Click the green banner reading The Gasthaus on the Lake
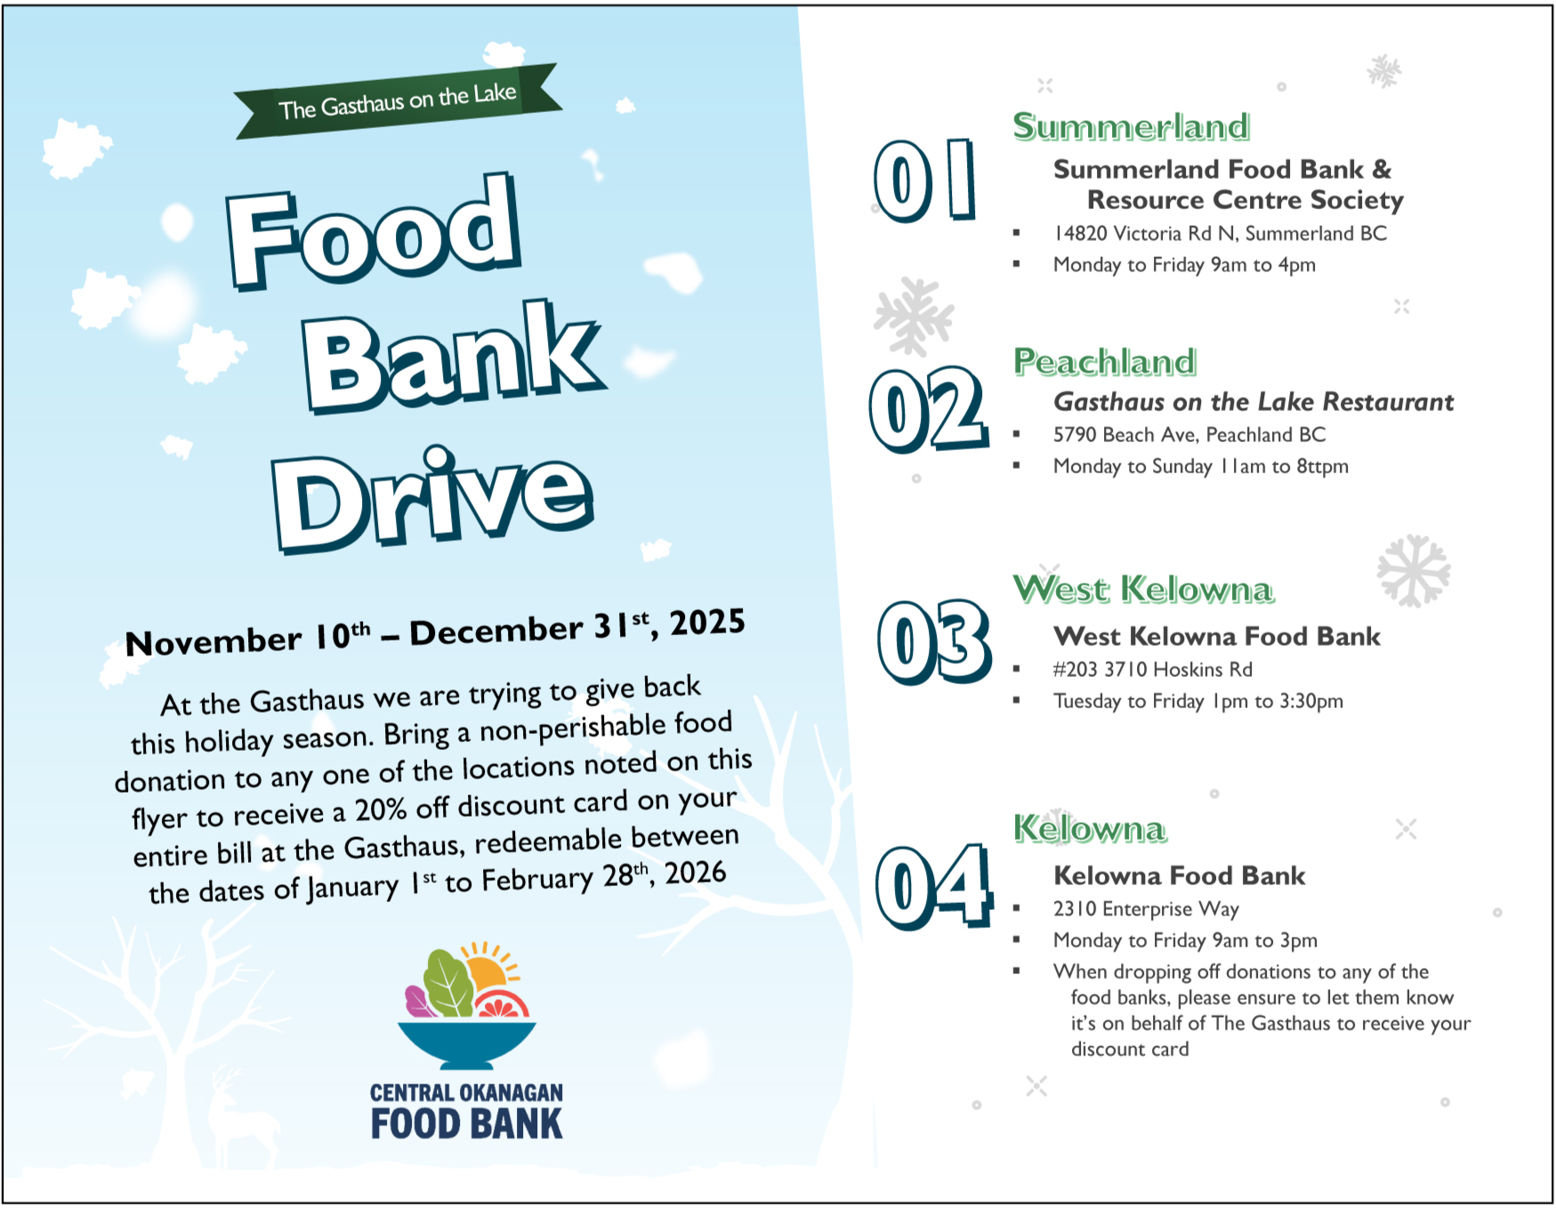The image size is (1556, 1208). pos(398,101)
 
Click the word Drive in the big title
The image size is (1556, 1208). pos(433,500)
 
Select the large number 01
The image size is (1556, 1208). pos(925,180)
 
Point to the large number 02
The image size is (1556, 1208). pos(929,409)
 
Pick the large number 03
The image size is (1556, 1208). pos(934,641)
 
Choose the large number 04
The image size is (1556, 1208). pos(934,886)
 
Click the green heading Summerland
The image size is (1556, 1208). pos(1132,127)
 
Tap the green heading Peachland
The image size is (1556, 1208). pos(1105,362)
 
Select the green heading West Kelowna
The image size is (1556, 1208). pos(1144,589)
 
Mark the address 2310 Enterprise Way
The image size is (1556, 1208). pos(1146,909)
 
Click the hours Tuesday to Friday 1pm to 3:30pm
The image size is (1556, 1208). pos(1198,701)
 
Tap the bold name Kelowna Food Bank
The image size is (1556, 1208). pos(1180,876)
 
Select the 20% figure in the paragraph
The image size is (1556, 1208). pos(380,810)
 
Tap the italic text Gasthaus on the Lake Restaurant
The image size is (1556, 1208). pos(1254,402)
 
